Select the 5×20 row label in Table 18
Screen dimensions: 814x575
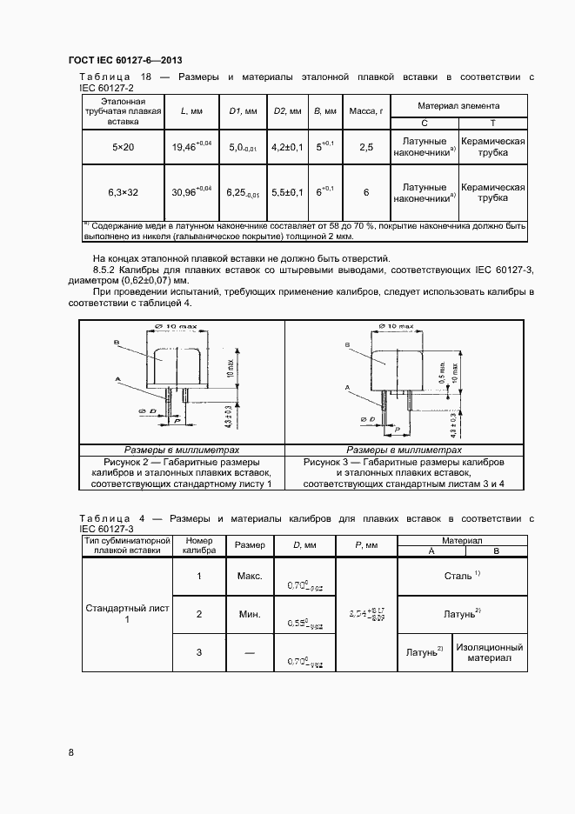[x=124, y=148]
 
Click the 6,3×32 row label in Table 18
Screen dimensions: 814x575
[x=124, y=191]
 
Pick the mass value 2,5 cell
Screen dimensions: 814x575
[x=366, y=148]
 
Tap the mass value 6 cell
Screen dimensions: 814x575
[x=366, y=191]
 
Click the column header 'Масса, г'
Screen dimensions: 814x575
[x=366, y=111]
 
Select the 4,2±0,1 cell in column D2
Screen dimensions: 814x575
[x=287, y=148]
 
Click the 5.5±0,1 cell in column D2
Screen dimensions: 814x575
[x=287, y=191]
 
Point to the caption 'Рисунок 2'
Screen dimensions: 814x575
[x=182, y=462]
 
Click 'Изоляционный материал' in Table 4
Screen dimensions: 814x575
[x=490, y=653]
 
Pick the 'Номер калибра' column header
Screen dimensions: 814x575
[x=199, y=545]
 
